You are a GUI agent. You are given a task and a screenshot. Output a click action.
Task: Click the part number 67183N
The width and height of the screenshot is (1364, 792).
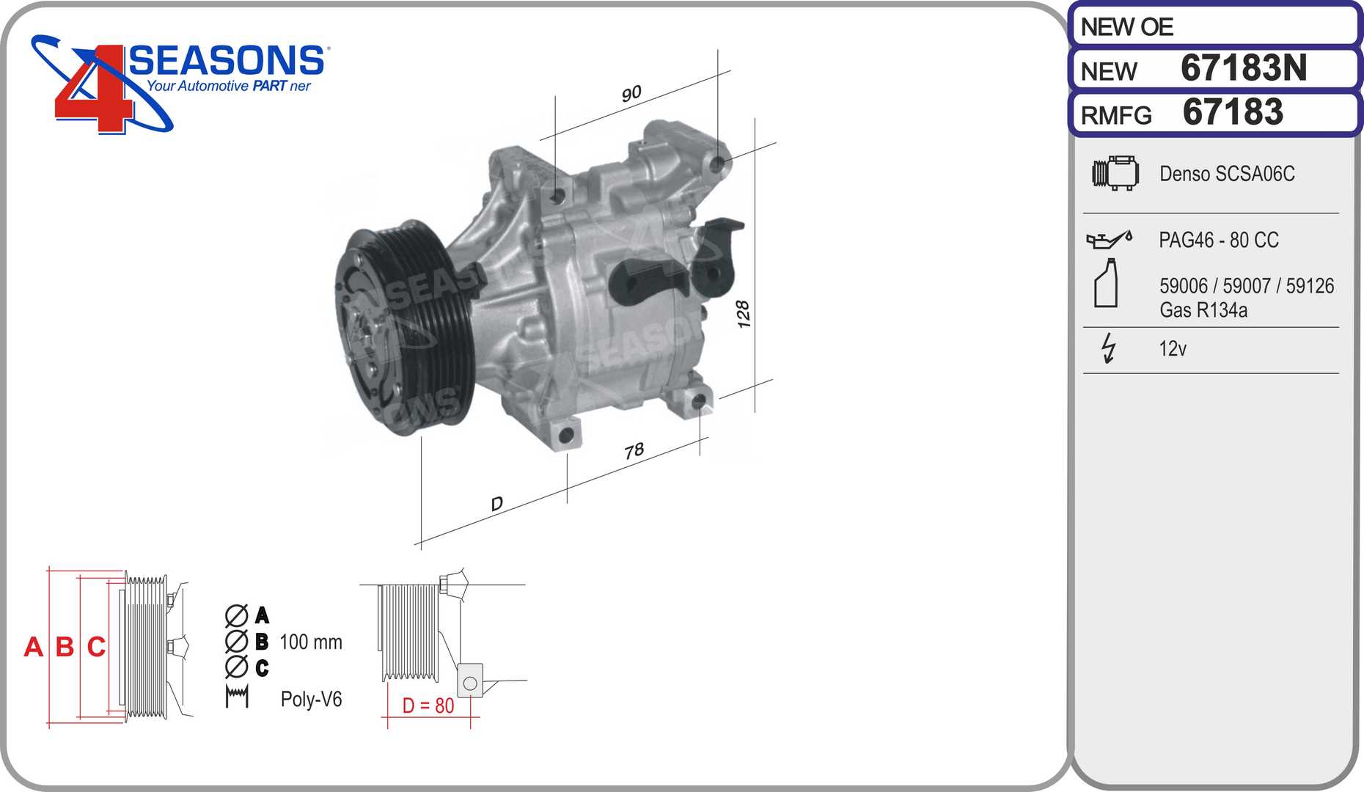1244,68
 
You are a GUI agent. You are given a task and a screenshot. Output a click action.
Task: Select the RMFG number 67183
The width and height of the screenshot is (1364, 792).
1233,112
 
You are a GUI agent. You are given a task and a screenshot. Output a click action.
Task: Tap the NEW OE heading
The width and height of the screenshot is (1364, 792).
1127,27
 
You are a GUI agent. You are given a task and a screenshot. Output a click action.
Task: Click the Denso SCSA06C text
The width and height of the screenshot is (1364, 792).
1227,174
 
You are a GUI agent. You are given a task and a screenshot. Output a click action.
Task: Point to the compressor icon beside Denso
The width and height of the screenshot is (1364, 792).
1115,173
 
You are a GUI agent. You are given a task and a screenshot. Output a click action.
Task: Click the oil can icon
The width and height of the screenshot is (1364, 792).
1109,239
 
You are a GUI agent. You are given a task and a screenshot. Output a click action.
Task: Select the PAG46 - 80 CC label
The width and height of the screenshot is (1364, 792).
1218,240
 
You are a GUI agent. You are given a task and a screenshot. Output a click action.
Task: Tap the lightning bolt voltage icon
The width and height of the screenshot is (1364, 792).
1108,348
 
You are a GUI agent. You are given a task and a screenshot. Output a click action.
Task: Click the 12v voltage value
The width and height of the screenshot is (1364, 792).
1172,348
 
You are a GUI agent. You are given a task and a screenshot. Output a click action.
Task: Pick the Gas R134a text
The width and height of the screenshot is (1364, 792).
1203,310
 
